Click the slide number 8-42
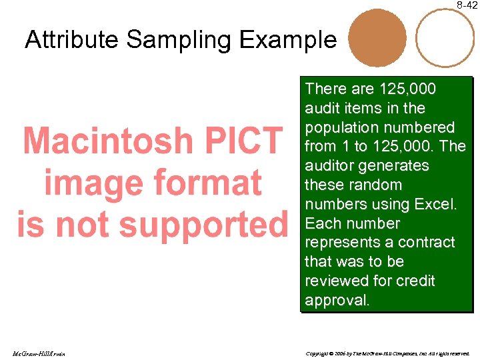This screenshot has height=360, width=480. coord(467,5)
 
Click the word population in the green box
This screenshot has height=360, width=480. coord(347,127)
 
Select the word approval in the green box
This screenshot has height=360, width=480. coord(336,300)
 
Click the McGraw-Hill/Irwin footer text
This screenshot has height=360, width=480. coord(38,353)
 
